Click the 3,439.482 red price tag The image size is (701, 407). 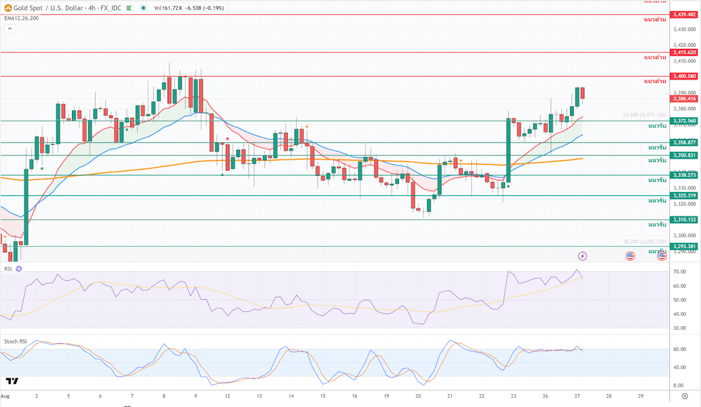tap(684, 14)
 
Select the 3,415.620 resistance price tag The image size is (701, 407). tap(684, 52)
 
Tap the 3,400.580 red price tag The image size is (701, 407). tap(684, 76)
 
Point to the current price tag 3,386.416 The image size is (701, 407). tap(684, 98)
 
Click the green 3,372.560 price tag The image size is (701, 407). tap(684, 121)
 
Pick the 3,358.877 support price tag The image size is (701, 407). tap(684, 142)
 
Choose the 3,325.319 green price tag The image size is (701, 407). tap(684, 195)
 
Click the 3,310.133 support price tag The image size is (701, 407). tap(684, 220)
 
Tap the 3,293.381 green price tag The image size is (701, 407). tap(684, 246)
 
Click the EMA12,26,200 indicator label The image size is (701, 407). tap(21, 18)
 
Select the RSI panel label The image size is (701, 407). tap(8, 269)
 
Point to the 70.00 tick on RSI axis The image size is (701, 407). tap(679, 272)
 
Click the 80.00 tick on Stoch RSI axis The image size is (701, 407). tap(679, 350)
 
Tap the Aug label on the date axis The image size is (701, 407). tap(5, 395)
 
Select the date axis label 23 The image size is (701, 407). tap(513, 395)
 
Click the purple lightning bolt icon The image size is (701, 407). tap(582, 256)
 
